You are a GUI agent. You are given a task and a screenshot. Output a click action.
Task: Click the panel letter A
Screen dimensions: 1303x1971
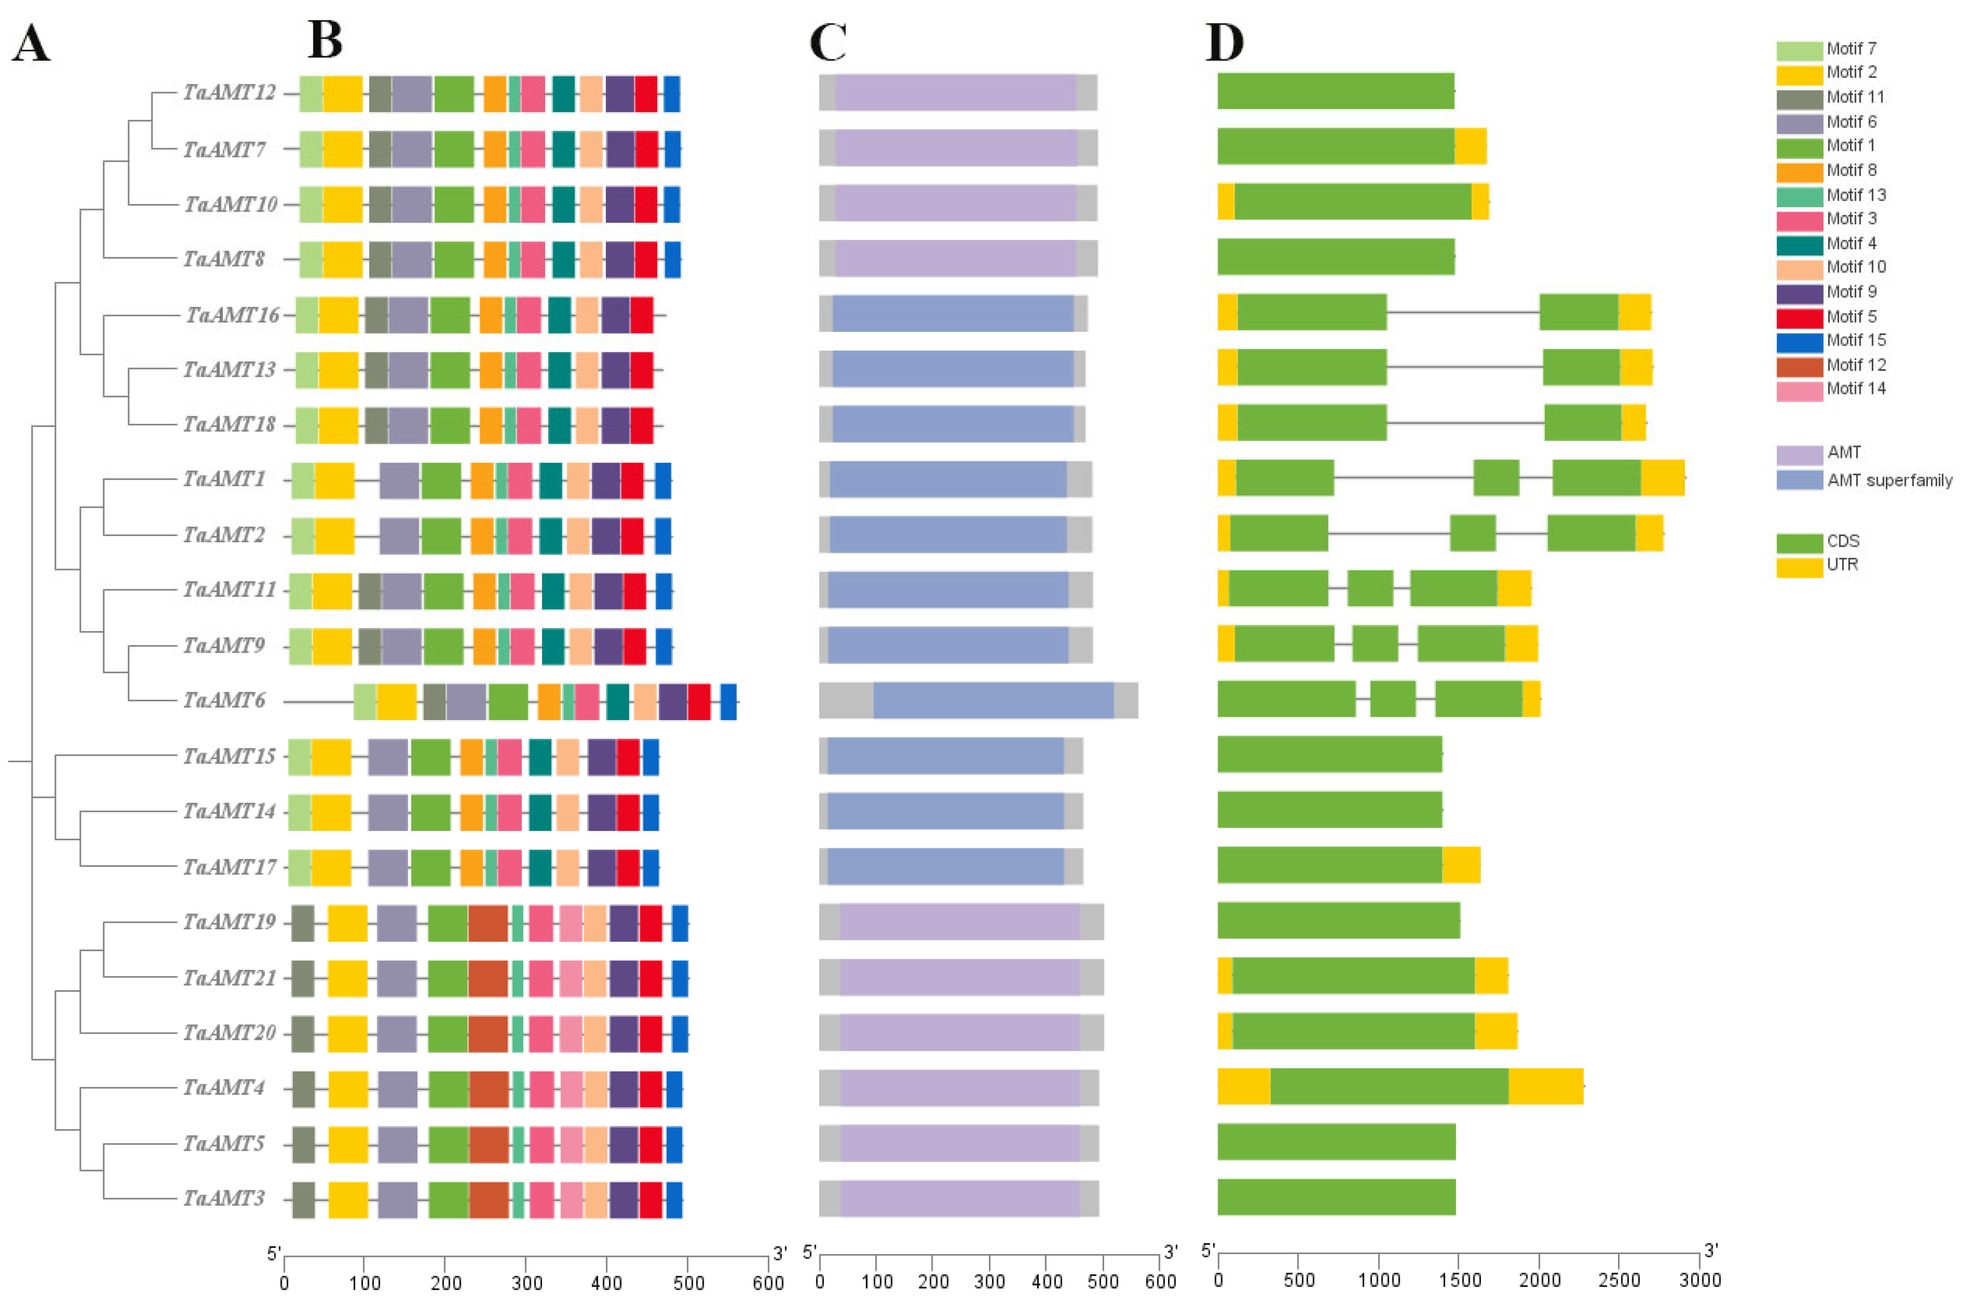[x=31, y=43]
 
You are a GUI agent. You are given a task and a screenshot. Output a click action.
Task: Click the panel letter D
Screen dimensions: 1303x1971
[x=1224, y=41]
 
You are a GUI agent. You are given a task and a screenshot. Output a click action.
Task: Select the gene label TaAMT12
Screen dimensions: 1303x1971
[x=229, y=92]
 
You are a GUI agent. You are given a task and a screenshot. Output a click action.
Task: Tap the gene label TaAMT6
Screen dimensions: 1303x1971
[x=224, y=701]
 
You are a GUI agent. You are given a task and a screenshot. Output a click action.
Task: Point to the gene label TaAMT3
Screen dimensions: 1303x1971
[x=224, y=1198]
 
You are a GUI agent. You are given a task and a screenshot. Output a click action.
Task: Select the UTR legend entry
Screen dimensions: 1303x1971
[x=1841, y=565]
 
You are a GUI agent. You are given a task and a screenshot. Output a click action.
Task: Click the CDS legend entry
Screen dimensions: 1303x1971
[x=1842, y=541]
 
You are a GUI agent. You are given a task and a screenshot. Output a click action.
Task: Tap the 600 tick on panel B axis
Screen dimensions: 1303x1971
[x=767, y=1283]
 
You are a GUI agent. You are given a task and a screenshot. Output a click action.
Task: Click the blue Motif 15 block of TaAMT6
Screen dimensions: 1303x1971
[x=729, y=701]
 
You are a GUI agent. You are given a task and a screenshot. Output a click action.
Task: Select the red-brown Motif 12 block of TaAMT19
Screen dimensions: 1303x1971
[x=488, y=923]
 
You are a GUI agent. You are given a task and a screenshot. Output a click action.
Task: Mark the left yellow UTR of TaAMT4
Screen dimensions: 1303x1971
[x=1244, y=1087]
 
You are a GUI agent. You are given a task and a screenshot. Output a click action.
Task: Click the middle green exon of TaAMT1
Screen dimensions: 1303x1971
[x=1496, y=478]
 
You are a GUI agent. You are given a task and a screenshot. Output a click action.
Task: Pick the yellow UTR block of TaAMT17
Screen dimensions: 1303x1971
[x=1461, y=865]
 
